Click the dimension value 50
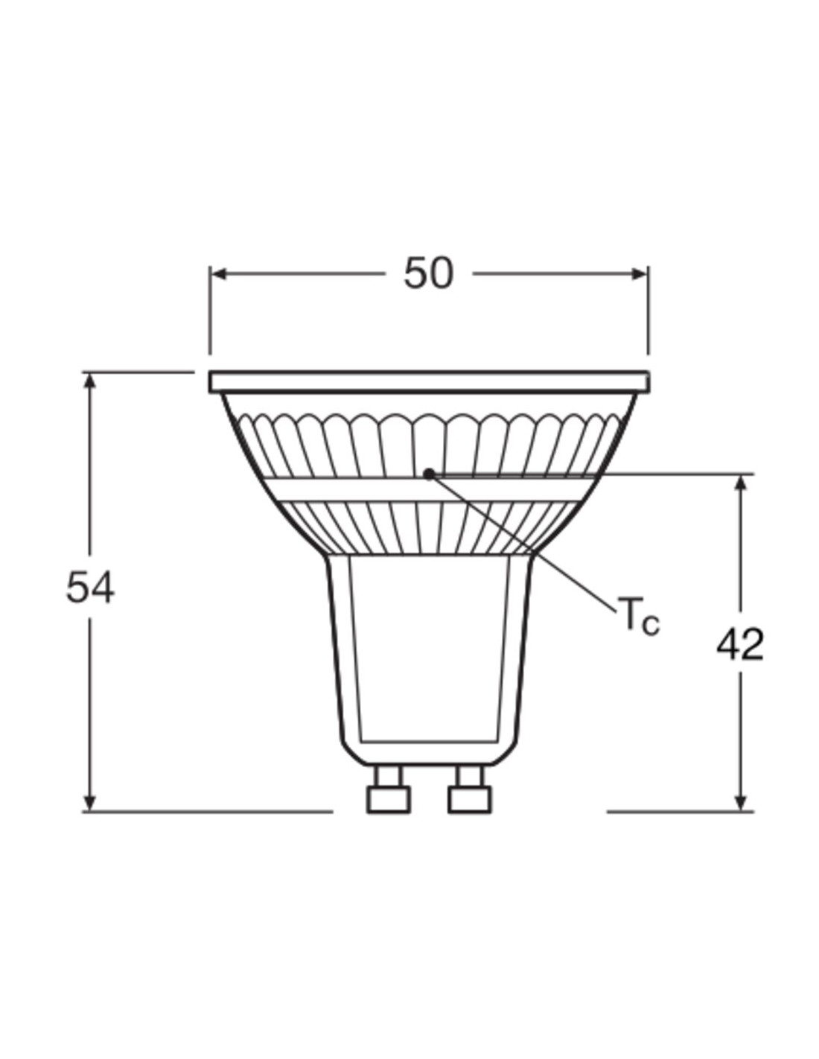(428, 274)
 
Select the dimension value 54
(90, 589)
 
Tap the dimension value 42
(740, 645)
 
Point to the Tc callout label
(639, 616)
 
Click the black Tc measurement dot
(429, 473)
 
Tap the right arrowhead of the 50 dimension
(639, 274)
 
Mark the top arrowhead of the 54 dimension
(89, 381)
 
